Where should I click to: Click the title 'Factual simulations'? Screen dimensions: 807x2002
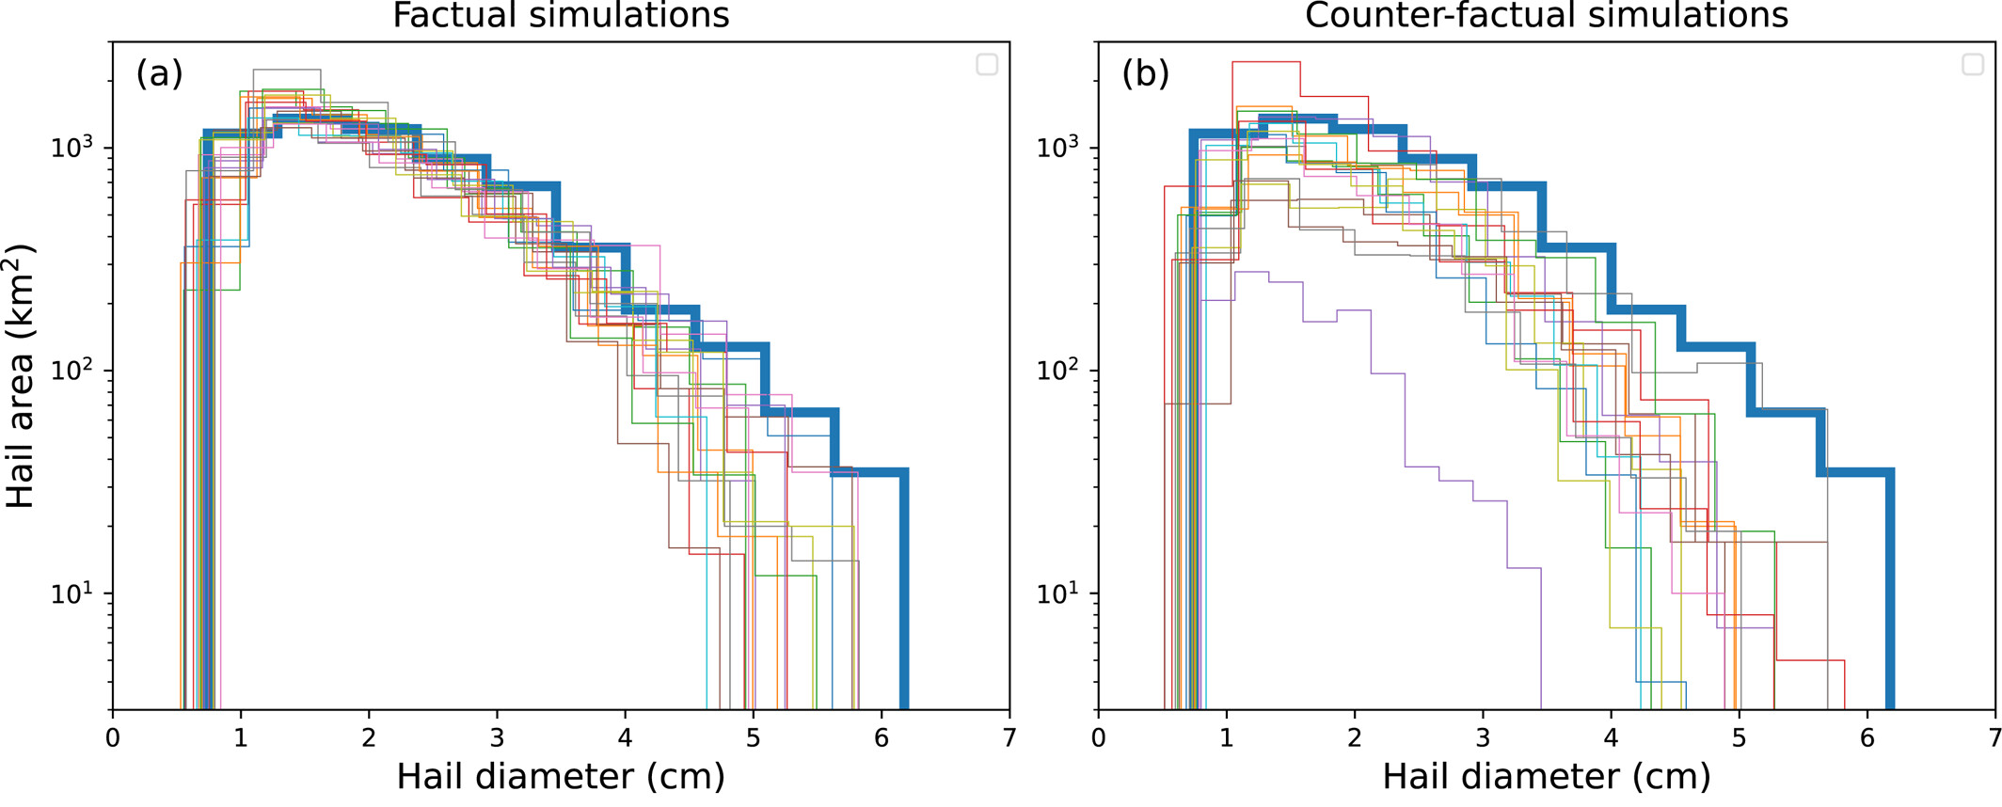tap(561, 16)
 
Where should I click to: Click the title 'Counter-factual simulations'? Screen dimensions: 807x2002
tap(1547, 16)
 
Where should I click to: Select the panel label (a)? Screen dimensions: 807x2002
tap(159, 72)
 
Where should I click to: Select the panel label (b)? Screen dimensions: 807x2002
tap(1145, 72)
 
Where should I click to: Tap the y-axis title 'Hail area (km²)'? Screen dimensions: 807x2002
tap(21, 376)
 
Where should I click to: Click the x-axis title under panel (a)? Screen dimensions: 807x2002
tap(561, 777)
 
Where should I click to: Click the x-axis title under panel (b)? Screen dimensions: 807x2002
tap(1547, 777)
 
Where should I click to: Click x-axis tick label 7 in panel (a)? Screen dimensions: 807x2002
tap(1009, 737)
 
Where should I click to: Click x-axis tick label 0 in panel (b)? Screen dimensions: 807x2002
tap(1099, 737)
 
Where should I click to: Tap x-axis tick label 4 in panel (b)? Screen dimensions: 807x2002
tap(1612, 737)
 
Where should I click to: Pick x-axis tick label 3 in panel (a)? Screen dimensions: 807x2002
tap(497, 737)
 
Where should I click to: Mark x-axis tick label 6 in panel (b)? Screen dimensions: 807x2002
tap(1867, 737)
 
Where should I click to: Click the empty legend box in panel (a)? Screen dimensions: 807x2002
tap(987, 64)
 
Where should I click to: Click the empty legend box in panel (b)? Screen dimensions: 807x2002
tap(1973, 64)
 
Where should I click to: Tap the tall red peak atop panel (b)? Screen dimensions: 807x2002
tap(1266, 63)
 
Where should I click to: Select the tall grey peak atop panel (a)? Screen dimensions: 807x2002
tap(287, 71)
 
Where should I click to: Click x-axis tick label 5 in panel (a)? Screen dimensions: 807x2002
tap(753, 737)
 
